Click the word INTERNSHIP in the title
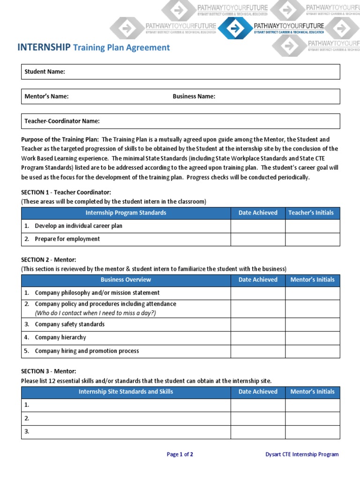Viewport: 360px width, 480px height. pyautogui.click(x=44, y=47)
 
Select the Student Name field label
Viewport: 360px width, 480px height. pyautogui.click(x=45, y=72)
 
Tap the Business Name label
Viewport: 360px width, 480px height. pyautogui.click(x=194, y=97)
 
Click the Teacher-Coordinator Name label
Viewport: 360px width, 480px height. pyautogui.click(x=62, y=121)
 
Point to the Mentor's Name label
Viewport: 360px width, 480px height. pyautogui.click(x=46, y=97)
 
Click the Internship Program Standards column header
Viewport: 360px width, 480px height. pyautogui.click(x=126, y=213)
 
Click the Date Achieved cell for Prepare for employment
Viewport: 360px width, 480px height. pyautogui.click(x=258, y=239)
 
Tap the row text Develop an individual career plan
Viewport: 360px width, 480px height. pyautogui.click(x=78, y=226)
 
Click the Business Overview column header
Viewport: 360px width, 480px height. pyautogui.click(x=126, y=280)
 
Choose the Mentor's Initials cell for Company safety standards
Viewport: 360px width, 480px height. pyautogui.click(x=312, y=324)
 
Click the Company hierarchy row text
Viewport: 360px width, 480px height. pyautogui.click(x=60, y=337)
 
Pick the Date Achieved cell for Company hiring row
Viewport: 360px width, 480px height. pyautogui.click(x=258, y=351)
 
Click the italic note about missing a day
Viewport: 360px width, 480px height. pyautogui.click(x=95, y=313)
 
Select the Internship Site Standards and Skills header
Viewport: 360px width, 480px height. pyautogui.click(x=126, y=392)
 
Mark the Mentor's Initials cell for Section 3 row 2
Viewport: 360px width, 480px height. pyautogui.click(x=312, y=419)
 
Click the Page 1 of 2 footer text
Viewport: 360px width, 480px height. pyautogui.click(x=180, y=454)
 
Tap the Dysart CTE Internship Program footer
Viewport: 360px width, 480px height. pyautogui.click(x=302, y=454)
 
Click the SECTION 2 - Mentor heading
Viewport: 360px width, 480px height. pyautogui.click(x=49, y=259)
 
